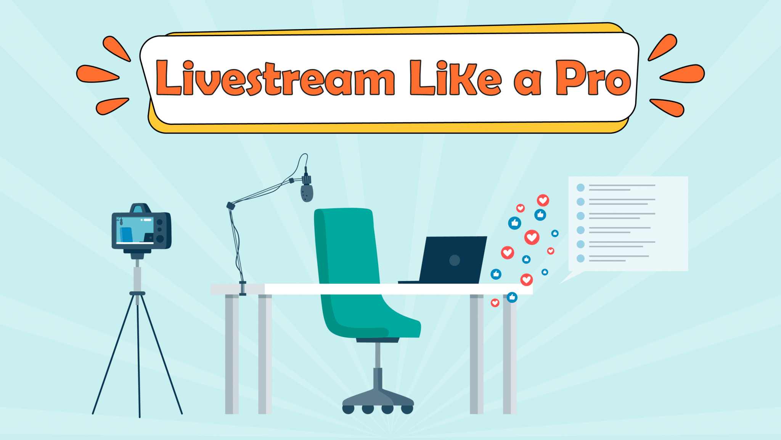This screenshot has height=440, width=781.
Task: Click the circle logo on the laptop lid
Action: point(455,260)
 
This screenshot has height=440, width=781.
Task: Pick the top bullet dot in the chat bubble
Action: point(580,188)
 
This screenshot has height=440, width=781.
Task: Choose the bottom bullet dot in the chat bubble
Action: point(580,259)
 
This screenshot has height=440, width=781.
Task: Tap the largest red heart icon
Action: point(532,237)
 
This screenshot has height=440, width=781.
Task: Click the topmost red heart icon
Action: point(543,200)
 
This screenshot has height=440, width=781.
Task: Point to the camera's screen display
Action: point(135,230)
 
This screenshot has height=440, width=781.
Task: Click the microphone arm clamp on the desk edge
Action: point(243,288)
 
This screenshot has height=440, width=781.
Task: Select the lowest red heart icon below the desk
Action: point(495,303)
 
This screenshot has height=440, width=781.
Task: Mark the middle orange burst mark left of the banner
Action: point(98,74)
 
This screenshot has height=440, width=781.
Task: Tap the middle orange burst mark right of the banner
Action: point(683,73)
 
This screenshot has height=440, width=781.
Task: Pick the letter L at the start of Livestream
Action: point(168,78)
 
